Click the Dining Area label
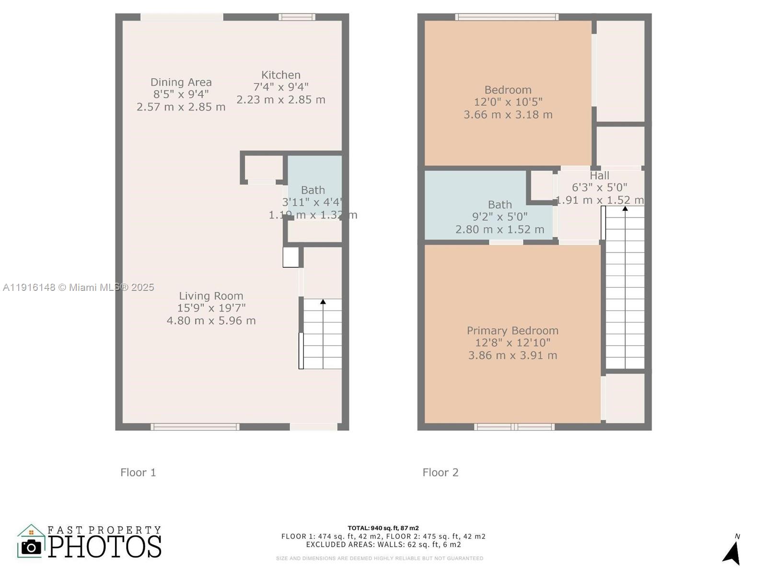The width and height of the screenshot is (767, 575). [x=181, y=82]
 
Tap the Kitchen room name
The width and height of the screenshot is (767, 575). [x=281, y=75]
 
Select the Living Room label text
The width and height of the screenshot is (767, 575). [x=211, y=296]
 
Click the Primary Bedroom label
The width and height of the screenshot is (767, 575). [x=512, y=331]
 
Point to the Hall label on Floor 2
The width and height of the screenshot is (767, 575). [x=599, y=176]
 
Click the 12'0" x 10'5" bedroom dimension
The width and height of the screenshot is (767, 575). [x=508, y=102]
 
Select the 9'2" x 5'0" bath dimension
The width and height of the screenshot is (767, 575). [x=500, y=217]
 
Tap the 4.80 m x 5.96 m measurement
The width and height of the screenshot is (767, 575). [x=211, y=321]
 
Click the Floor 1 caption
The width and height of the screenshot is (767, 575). [x=138, y=472]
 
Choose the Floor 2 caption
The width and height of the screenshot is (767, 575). [x=440, y=472]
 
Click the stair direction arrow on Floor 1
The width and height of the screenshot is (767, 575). [x=323, y=302]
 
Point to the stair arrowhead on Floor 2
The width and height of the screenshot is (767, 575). [x=625, y=208]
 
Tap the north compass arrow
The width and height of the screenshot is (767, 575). [x=732, y=553]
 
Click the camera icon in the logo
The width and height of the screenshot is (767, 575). [x=31, y=547]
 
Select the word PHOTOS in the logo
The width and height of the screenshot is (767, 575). [x=105, y=547]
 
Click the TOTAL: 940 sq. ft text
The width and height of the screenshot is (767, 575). [x=383, y=528]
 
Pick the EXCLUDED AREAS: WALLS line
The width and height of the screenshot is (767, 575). [x=383, y=544]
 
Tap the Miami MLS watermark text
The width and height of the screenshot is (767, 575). [x=78, y=287]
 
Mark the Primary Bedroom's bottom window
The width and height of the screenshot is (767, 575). [x=514, y=426]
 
